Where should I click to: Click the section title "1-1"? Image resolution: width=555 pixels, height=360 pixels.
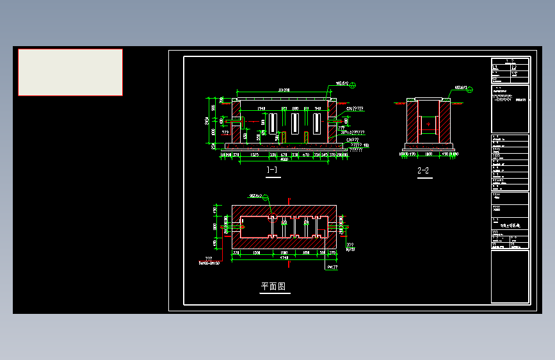272,170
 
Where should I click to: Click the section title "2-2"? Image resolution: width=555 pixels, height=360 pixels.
423,170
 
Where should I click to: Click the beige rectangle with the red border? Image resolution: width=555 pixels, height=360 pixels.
70,72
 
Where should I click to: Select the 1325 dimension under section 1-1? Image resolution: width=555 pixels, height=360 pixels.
254,154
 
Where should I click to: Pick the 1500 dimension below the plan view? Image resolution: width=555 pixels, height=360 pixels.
256,253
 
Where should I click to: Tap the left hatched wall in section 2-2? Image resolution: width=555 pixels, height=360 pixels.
410,124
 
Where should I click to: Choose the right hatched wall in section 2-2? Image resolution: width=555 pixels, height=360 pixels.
445,124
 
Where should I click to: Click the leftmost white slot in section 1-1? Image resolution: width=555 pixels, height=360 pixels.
272,124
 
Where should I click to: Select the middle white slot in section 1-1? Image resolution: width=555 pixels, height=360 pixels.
295,124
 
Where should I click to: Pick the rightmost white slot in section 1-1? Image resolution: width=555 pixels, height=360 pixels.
318,124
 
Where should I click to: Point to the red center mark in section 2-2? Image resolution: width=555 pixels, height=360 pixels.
428,123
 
